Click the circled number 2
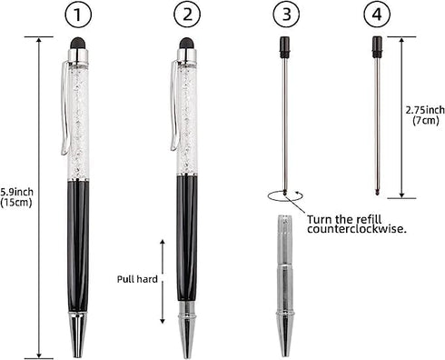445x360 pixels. pyautogui.click(x=187, y=15)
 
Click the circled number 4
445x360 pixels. pyautogui.click(x=376, y=15)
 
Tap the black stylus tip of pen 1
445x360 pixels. pyautogui.click(x=80, y=43)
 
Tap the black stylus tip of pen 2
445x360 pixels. pyautogui.click(x=186, y=43)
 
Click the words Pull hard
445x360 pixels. pyautogui.click(x=136, y=280)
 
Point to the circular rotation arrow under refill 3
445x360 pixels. pyautogui.click(x=284, y=195)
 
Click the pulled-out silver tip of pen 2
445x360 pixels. pyautogui.click(x=186, y=329)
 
